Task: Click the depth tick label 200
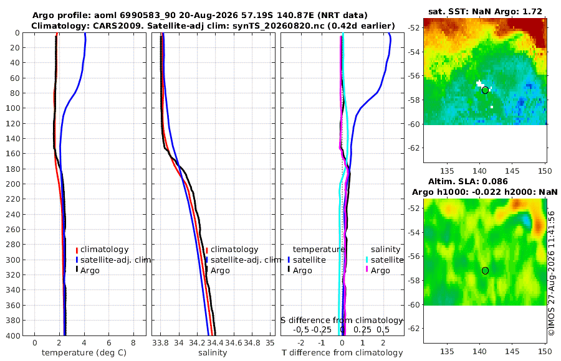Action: [x=13, y=184]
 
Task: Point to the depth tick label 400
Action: [x=13, y=335]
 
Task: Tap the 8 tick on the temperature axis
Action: [x=133, y=343]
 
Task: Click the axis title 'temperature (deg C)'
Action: [x=84, y=353]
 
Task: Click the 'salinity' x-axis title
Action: [x=213, y=353]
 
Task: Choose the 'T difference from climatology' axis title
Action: [x=342, y=353]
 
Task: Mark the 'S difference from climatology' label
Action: [x=342, y=321]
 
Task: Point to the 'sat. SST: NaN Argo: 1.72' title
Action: [x=485, y=11]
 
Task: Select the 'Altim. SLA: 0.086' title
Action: [x=468, y=181]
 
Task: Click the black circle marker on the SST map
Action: [x=485, y=90]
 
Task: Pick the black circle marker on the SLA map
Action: [x=485, y=271]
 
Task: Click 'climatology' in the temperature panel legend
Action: [x=104, y=250]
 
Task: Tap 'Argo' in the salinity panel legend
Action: [x=220, y=271]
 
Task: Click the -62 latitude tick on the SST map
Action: [x=414, y=148]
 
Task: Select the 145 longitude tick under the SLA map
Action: [x=512, y=352]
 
